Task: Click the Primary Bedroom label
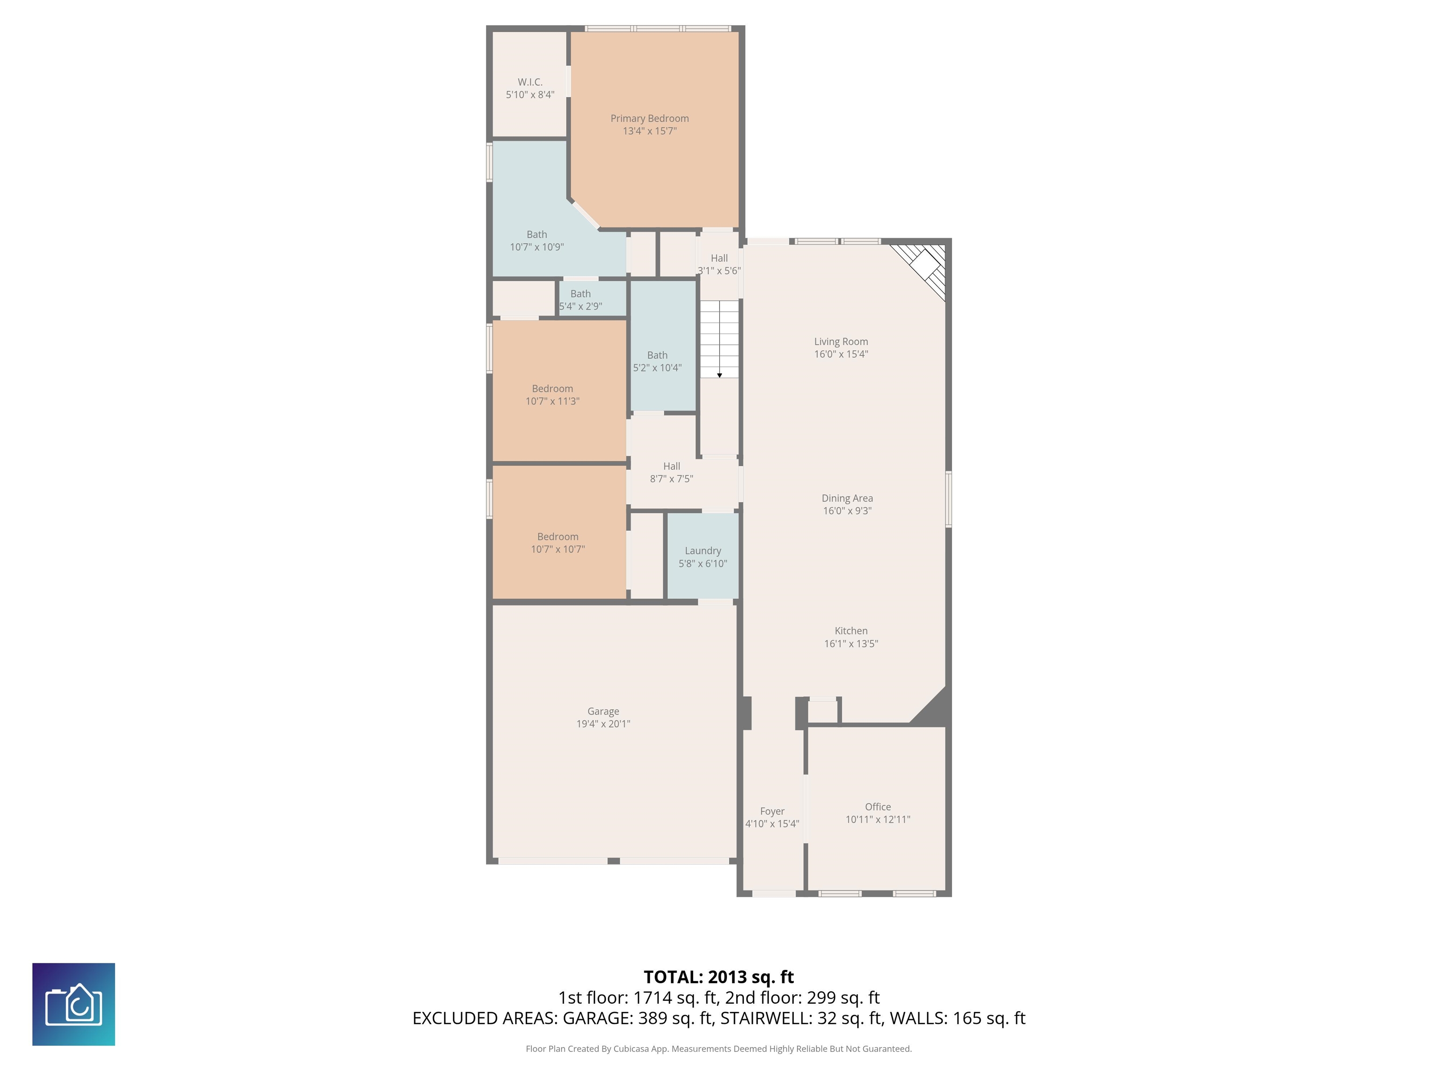tap(649, 118)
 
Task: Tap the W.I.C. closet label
tap(530, 82)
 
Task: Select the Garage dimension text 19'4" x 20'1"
tap(603, 724)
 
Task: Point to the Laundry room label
tap(703, 551)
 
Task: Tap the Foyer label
tap(772, 812)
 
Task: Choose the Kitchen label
tap(851, 631)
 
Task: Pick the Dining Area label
tap(847, 498)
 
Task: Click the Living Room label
tap(841, 342)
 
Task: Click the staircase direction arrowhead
tap(719, 376)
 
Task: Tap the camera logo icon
tap(73, 1004)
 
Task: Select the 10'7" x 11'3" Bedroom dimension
tap(552, 401)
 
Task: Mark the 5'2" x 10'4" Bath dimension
tap(657, 368)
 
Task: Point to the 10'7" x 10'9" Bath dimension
tap(536, 247)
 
